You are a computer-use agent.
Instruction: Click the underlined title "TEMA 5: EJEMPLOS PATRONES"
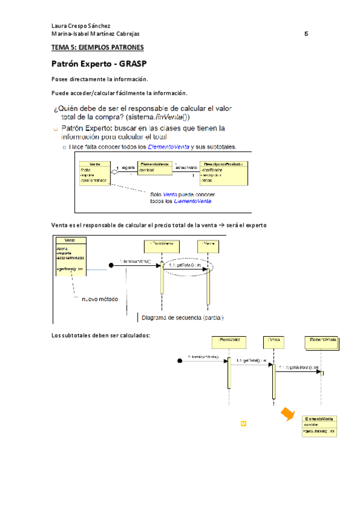click(97, 47)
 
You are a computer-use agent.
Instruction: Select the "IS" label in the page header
click(306, 34)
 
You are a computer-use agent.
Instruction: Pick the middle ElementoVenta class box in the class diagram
click(156, 168)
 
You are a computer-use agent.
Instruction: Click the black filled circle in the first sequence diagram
click(111, 264)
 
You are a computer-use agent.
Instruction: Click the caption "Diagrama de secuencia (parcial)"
click(183, 318)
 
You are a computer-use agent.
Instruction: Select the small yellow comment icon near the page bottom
click(243, 423)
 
